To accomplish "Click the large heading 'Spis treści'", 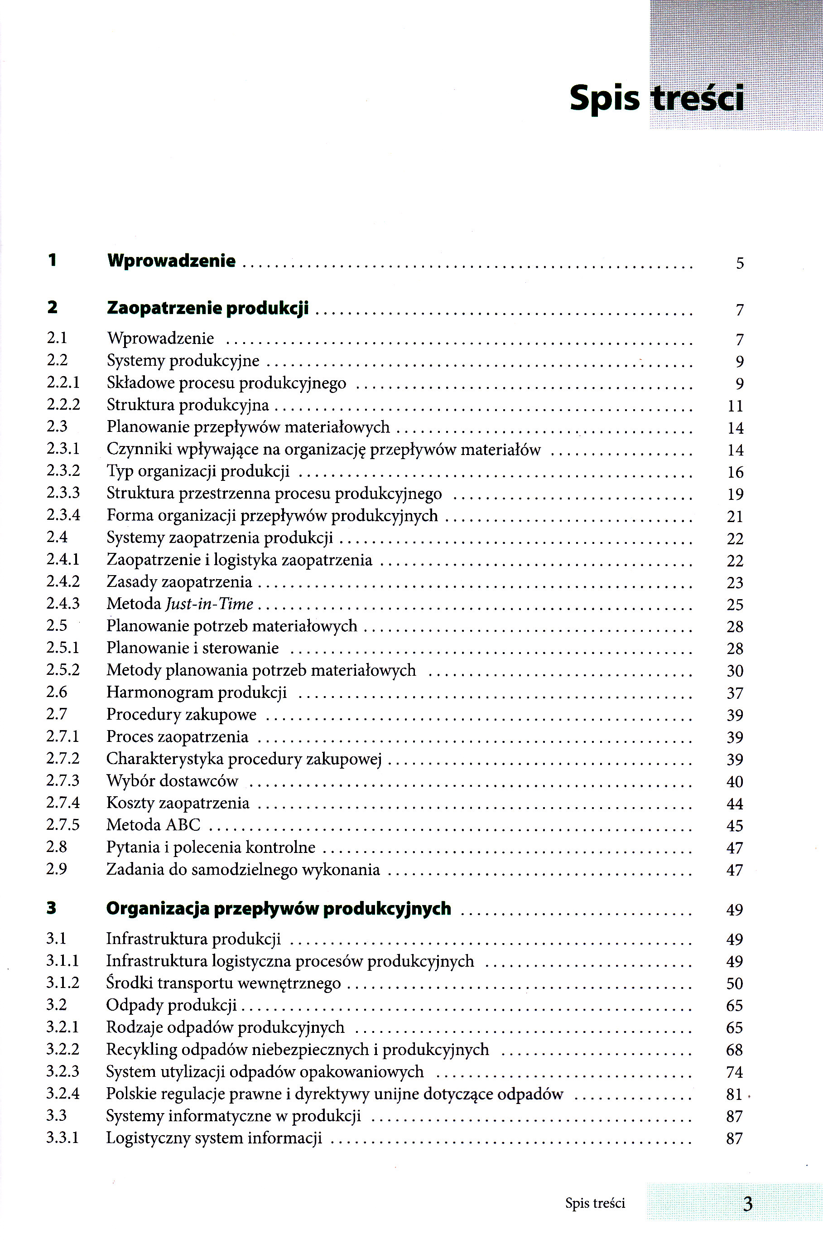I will [x=656, y=98].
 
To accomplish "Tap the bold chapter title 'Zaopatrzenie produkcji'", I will [x=208, y=308].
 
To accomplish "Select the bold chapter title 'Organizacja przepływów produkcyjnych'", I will [x=279, y=908].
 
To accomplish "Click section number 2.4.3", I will [x=63, y=604].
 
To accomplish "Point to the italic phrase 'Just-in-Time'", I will [x=209, y=604].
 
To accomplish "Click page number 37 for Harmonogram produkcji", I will [x=735, y=693].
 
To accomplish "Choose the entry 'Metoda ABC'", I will [x=153, y=825].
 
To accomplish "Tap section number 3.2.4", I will [x=63, y=1094].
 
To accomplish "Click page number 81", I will [x=734, y=1094].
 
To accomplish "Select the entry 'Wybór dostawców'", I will [x=172, y=781].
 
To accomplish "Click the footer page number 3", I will [x=747, y=1204].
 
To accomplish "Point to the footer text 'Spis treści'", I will [x=595, y=1203].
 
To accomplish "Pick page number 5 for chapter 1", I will [x=740, y=263].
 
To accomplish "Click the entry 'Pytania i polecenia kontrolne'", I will [x=211, y=847].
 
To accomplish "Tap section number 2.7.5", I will [x=63, y=825].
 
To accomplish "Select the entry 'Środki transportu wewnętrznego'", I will [x=224, y=983].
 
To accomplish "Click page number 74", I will [x=735, y=1072].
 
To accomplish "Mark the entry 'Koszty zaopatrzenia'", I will [x=178, y=803].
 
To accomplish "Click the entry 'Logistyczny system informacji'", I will [x=214, y=1138].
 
